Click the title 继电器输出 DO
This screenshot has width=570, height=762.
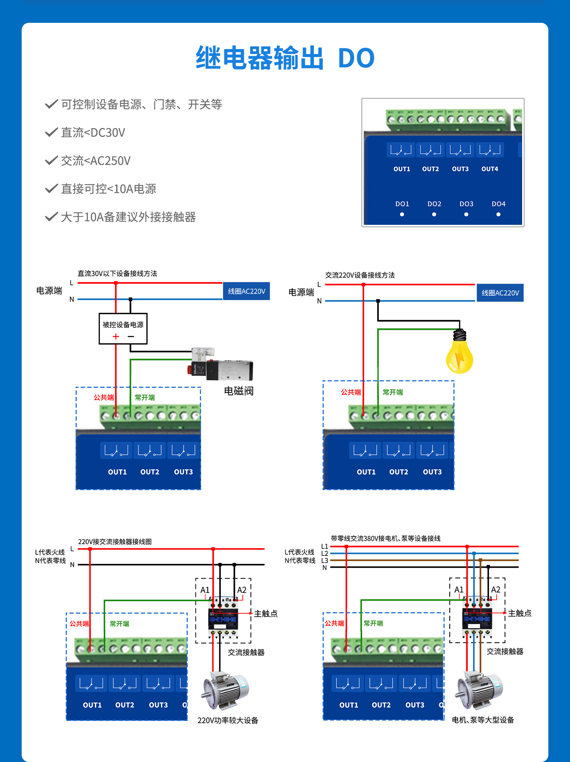[285, 58]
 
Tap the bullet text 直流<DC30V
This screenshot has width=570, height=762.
[93, 133]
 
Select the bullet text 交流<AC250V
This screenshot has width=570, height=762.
[95, 161]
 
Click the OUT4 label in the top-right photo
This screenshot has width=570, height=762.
[489, 169]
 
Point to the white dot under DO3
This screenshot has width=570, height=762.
[466, 214]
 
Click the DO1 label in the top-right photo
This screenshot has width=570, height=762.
[402, 204]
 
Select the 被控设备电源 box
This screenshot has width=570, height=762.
[123, 329]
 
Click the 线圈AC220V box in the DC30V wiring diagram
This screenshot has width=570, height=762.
[246, 291]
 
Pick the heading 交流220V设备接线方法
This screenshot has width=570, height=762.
[360, 275]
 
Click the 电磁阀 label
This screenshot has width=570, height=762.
[239, 391]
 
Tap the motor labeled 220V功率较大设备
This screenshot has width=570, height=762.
[226, 690]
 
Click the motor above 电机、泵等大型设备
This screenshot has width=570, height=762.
[480, 690]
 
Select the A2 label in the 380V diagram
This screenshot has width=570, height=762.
[496, 589]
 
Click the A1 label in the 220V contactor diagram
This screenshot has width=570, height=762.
[205, 590]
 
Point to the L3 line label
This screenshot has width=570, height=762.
[325, 560]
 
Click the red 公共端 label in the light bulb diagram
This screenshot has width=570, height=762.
[350, 392]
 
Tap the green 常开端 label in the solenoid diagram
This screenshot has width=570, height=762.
[145, 397]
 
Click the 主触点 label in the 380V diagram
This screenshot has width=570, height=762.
[519, 613]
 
